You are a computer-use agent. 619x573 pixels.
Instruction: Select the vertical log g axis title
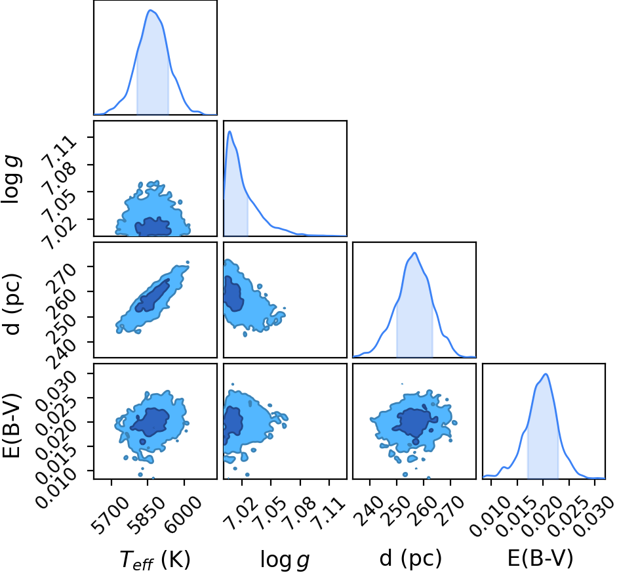pos(11,179)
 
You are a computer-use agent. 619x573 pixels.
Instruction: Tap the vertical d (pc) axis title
pos(12,303)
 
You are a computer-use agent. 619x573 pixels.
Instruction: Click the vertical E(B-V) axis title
pos(11,425)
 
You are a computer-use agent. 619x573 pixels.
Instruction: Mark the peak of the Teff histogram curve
pos(150,10)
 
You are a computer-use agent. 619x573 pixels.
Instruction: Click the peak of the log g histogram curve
pos(230,131)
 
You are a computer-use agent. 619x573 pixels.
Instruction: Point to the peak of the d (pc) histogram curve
pos(414,253)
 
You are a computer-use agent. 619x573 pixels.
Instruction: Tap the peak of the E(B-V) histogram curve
pos(546,374)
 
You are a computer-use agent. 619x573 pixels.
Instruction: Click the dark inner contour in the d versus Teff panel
pos(152,295)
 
